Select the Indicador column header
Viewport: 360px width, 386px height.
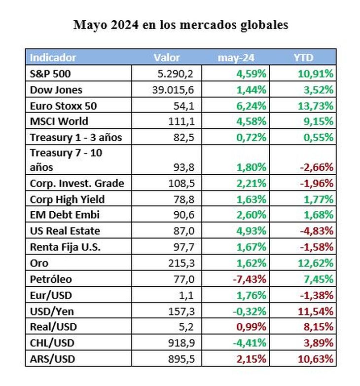pyautogui.click(x=53, y=57)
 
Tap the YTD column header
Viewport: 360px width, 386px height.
pyautogui.click(x=303, y=57)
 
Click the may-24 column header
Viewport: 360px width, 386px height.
pyautogui.click(x=236, y=57)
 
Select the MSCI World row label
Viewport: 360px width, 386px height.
pyautogui.click(x=59, y=121)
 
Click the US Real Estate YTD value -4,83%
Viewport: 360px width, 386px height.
pyautogui.click(x=317, y=231)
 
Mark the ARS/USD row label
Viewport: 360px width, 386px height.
pyautogui.click(x=52, y=359)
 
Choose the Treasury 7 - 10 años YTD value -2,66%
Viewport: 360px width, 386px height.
pyautogui.click(x=317, y=167)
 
